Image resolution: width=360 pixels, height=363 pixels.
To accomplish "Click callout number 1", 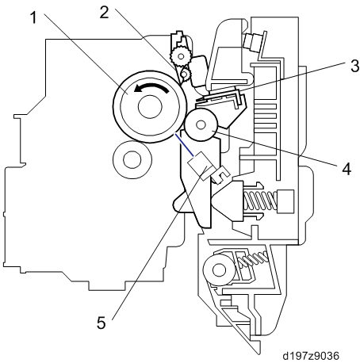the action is coord(33,17).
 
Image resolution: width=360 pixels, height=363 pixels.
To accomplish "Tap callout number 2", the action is coord(104,12).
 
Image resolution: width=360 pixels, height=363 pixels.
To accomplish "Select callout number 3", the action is coord(354,66).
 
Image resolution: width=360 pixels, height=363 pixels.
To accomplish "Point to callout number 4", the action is coord(347,169).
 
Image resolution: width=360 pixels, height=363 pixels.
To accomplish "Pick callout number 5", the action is coord(101,323).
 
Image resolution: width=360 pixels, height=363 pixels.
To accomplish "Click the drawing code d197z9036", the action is coord(311,356).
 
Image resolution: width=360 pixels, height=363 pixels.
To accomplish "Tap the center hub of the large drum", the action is coord(150,106).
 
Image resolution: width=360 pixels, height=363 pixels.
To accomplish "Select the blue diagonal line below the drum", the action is coord(184,145).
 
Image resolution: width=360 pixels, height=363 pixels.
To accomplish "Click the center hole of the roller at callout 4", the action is coord(201,124).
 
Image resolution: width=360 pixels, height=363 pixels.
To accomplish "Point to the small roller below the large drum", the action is coord(132,160).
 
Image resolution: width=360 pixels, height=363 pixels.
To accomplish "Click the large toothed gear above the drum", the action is coord(181,56).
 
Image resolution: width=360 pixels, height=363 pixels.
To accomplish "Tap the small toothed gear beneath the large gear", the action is coord(185,73).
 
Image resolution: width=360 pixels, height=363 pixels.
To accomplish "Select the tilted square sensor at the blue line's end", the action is coord(201,166).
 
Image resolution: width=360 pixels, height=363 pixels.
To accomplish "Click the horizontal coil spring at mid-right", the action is coord(260,201).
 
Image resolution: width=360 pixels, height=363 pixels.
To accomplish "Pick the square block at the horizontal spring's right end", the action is coord(285,201).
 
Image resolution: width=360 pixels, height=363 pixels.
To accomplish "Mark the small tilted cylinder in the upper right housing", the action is coord(252,40).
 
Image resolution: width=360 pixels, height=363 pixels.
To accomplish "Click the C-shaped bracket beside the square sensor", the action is coord(221,175).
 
